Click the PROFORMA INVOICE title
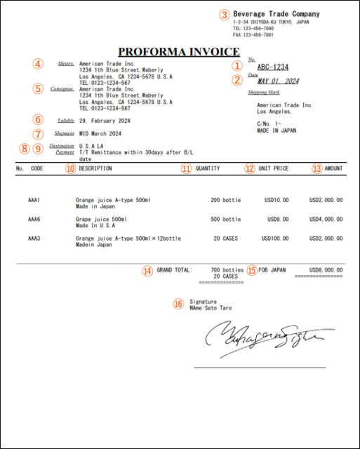pyautogui.click(x=179, y=51)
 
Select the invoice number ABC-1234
pyautogui.click(x=273, y=67)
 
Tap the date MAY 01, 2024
pyautogui.click(x=278, y=81)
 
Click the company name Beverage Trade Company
pyautogui.click(x=276, y=14)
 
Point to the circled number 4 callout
pyautogui.click(x=37, y=64)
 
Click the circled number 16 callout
pyautogui.click(x=178, y=304)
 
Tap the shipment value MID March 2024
pyautogui.click(x=100, y=133)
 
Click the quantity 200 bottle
pyautogui.click(x=225, y=200)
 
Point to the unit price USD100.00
pyautogui.click(x=276, y=239)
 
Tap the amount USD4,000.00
pyautogui.click(x=326, y=219)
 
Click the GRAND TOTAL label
pyautogui.click(x=173, y=269)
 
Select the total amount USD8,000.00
pyautogui.click(x=326, y=269)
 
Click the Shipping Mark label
pyautogui.click(x=263, y=92)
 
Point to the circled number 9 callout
pyautogui.click(x=38, y=149)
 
